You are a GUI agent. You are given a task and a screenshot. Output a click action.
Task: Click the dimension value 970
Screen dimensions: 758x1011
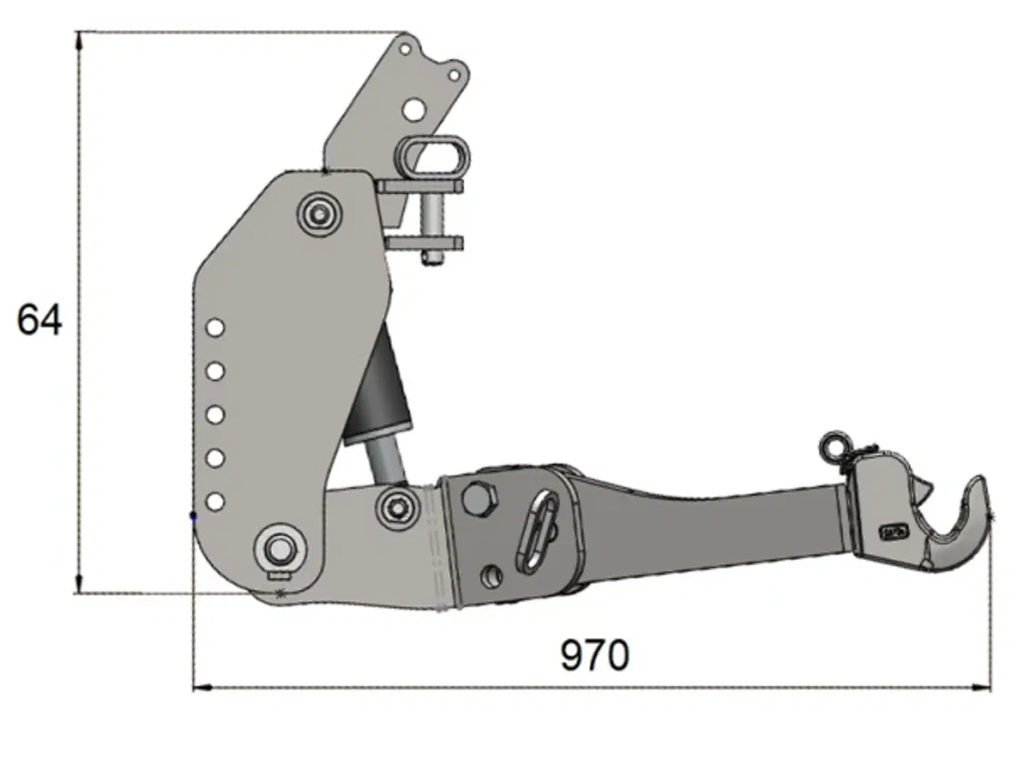[595, 655]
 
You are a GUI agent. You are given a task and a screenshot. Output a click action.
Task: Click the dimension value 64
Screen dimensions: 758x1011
[39, 320]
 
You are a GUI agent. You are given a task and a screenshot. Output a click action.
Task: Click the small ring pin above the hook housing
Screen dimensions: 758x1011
[833, 445]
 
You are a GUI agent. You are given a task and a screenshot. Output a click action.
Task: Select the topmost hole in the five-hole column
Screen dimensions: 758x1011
[216, 327]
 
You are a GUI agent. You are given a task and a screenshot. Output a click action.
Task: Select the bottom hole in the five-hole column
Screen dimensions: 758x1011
[216, 501]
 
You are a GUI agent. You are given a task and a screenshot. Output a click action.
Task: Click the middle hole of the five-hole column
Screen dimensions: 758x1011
[216, 414]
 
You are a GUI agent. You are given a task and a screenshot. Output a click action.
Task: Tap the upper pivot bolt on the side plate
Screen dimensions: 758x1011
[319, 213]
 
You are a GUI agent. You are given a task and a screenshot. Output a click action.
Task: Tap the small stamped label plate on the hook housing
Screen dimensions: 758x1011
[893, 531]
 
